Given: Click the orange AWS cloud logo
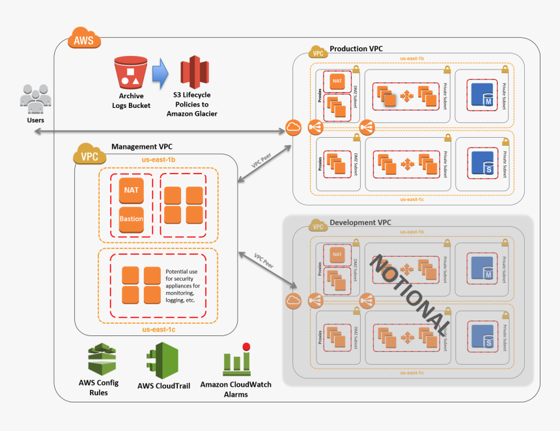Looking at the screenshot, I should [83, 39].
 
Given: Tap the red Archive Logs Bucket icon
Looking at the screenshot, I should [131, 72].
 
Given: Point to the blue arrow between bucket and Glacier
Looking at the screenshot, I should [160, 72].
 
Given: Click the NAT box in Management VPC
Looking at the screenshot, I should [131, 189].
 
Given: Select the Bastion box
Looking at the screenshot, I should [131, 219].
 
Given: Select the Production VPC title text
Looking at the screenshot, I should [356, 49].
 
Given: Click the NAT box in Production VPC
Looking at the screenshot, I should [337, 81].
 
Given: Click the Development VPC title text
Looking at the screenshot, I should [361, 222].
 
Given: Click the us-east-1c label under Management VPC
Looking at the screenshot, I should [158, 330].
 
